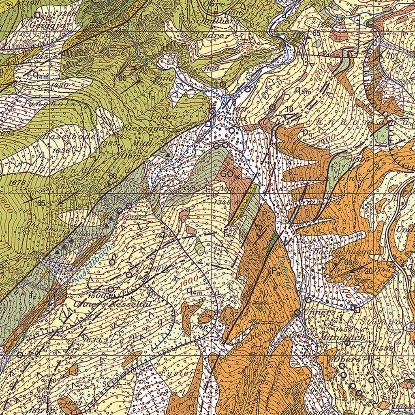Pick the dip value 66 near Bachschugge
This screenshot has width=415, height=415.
point(347,262)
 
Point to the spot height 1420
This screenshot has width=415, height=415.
point(60,85)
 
